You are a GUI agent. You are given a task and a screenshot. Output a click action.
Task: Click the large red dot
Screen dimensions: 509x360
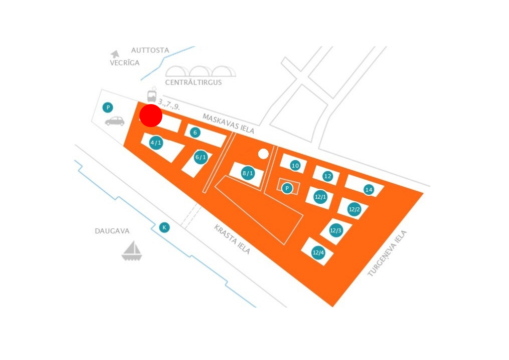point(151,116)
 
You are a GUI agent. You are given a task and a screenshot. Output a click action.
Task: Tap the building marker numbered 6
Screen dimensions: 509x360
point(195,133)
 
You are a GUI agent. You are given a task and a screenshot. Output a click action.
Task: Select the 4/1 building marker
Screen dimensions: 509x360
point(156,143)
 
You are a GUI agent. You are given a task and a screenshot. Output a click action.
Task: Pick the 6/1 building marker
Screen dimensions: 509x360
point(201,157)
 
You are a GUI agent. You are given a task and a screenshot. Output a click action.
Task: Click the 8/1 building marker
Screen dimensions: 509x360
point(248,173)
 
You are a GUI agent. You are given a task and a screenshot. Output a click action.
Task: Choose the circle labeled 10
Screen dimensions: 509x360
point(295,166)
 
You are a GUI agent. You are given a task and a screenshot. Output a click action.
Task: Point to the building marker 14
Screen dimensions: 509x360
point(369,190)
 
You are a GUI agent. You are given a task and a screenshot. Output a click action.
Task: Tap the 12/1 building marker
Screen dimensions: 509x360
point(320,197)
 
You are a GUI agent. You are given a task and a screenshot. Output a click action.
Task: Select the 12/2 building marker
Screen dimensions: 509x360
point(354,209)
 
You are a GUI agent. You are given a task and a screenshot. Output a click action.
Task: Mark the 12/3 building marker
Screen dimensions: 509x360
point(335,230)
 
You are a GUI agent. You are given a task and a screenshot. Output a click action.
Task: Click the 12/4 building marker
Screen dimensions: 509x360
point(318,252)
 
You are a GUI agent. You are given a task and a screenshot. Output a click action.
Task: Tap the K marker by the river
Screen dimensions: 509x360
point(164,227)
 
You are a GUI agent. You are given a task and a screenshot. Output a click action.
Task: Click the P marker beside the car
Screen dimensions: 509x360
point(108,108)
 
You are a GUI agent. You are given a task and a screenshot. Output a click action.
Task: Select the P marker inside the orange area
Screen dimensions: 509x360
point(287,188)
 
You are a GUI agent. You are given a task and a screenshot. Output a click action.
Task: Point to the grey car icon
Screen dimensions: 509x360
point(115,121)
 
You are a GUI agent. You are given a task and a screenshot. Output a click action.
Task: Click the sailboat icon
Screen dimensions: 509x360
point(132,251)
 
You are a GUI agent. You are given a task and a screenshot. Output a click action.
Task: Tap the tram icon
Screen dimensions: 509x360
point(152,95)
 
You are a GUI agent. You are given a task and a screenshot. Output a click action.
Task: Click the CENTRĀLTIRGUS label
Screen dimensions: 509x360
point(194,83)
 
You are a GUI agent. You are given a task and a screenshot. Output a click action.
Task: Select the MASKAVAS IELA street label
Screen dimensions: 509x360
point(228,124)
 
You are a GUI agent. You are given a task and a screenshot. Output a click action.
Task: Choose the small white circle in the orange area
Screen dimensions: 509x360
point(263,154)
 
